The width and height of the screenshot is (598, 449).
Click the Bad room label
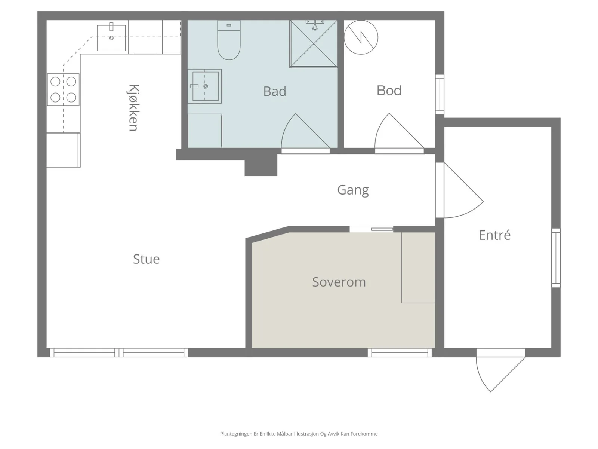point(275,91)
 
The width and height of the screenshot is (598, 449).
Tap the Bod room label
point(389,91)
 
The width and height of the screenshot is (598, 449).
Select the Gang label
point(353,190)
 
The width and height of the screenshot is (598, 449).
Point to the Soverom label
point(339,282)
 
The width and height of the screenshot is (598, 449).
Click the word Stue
point(146,259)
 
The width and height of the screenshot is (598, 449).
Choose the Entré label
point(494,235)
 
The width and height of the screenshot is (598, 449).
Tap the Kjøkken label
point(133,108)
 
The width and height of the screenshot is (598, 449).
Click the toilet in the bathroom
point(229,40)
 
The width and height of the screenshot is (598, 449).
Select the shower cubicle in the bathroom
point(314,44)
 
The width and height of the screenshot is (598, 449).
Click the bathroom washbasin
point(204,86)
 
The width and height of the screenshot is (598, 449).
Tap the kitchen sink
point(111,38)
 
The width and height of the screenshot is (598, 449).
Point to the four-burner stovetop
point(63,89)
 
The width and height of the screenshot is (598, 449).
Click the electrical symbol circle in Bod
point(361,37)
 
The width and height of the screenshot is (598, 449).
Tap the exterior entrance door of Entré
point(500,373)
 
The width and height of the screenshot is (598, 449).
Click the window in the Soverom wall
point(400,352)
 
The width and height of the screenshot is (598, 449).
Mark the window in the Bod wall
point(440,94)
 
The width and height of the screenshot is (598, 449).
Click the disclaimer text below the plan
point(299,434)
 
